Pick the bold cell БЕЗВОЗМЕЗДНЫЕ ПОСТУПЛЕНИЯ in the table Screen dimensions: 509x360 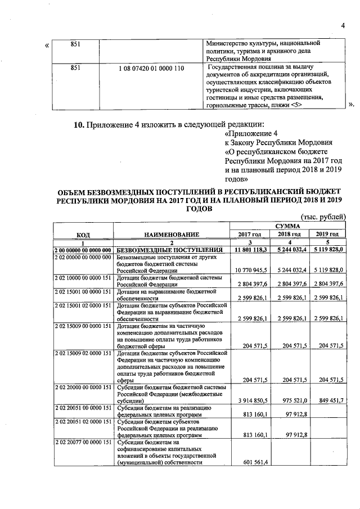(166, 249)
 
